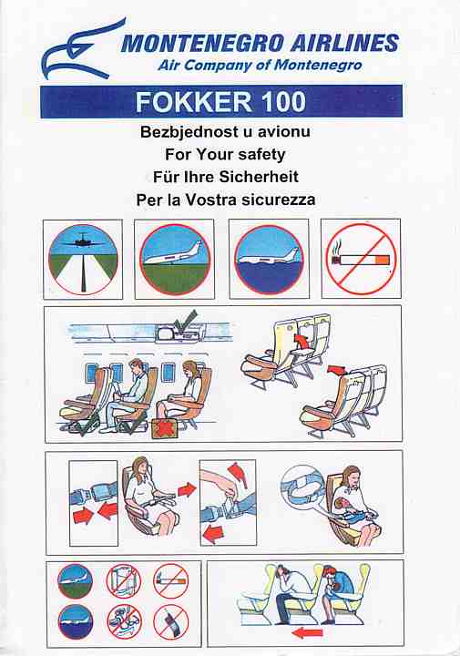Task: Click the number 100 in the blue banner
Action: tap(282, 102)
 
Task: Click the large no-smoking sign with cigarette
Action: tap(361, 259)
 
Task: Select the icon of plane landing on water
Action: tap(269, 260)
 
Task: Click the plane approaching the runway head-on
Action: tap(83, 241)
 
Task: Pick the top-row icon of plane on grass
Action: tap(175, 260)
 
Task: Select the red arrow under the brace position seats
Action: tap(307, 632)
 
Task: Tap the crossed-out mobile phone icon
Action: tap(170, 622)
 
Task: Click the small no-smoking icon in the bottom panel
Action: tap(170, 580)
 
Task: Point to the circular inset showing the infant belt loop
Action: tap(302, 487)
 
